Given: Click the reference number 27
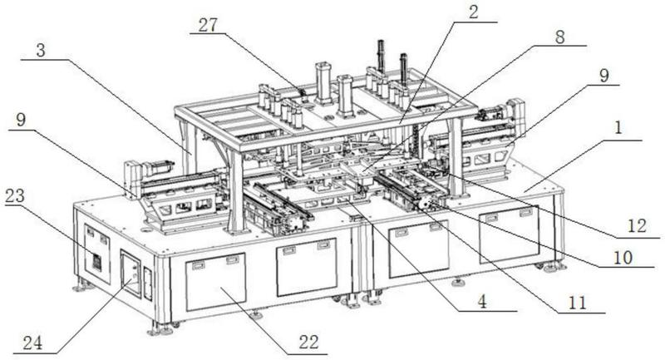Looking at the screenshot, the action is click(x=208, y=26).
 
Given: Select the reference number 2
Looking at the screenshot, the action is click(x=473, y=12).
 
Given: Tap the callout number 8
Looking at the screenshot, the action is click(x=559, y=37).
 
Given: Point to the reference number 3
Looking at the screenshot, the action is click(x=40, y=51).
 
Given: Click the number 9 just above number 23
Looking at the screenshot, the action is click(x=21, y=120).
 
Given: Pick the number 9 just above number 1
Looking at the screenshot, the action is click(x=604, y=76).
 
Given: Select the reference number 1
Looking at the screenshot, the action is click(x=618, y=127).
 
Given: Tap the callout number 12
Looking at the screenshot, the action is click(x=637, y=226).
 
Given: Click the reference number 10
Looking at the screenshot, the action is click(x=623, y=258).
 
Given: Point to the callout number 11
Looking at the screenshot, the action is click(x=578, y=303).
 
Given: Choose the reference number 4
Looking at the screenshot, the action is click(x=482, y=302).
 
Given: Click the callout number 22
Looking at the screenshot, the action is click(x=308, y=342).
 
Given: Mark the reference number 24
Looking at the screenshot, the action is click(x=32, y=343).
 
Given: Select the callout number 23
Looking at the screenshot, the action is click(x=15, y=196).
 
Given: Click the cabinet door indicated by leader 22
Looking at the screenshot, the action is click(x=215, y=282).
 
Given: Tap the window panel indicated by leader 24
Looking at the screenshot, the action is click(x=131, y=274).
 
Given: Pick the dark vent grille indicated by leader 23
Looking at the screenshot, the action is click(x=96, y=263).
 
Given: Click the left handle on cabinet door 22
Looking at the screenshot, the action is click(x=198, y=265).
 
